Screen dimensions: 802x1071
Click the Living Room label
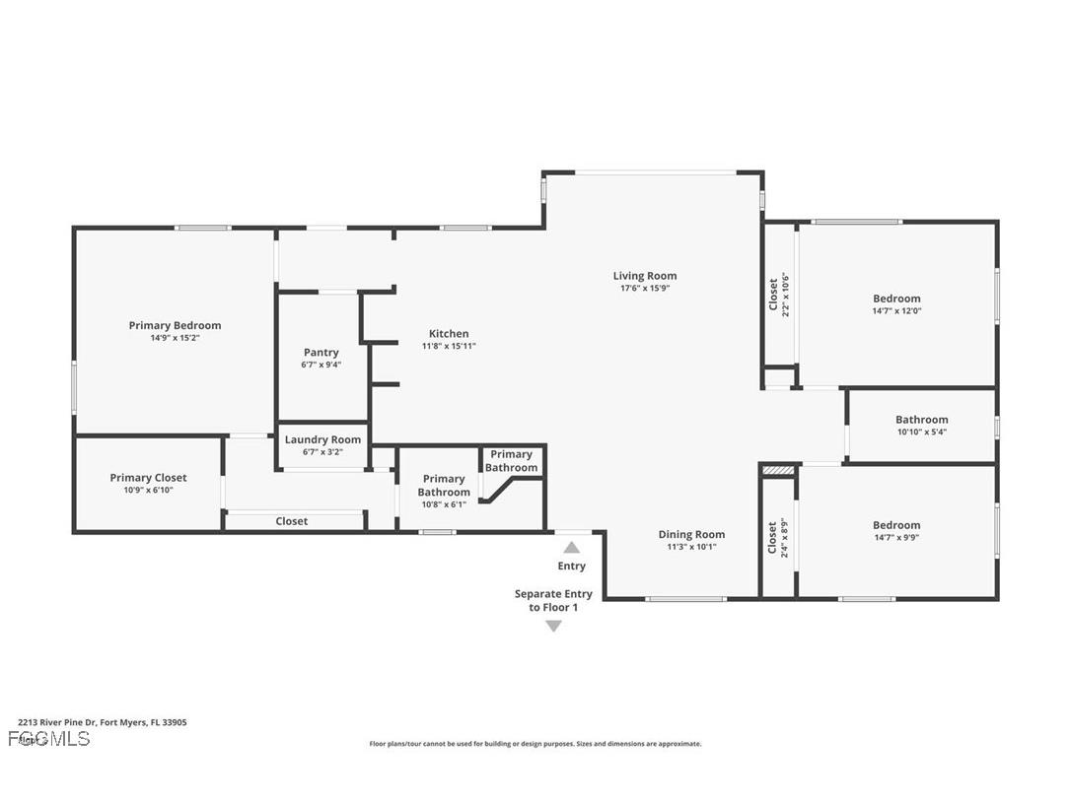pyautogui.click(x=645, y=276)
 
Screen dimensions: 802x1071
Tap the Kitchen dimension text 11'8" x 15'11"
pyautogui.click(x=449, y=346)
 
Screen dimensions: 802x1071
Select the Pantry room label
pyautogui.click(x=321, y=353)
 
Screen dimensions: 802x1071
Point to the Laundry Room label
pyautogui.click(x=322, y=439)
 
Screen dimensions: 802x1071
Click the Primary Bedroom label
pyautogui.click(x=175, y=325)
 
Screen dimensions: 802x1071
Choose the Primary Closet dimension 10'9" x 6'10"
pyautogui.click(x=148, y=490)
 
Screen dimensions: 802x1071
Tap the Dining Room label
pyautogui.click(x=691, y=535)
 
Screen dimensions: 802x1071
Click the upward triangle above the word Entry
pyautogui.click(x=572, y=547)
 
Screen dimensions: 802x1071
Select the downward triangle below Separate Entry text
pyautogui.click(x=553, y=626)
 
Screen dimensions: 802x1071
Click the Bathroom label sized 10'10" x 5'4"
pyautogui.click(x=921, y=420)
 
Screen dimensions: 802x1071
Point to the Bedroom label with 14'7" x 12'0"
pyautogui.click(x=896, y=299)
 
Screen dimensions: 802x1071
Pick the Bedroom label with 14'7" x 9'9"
pyautogui.click(x=896, y=525)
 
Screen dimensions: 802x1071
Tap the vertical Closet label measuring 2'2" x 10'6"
pyautogui.click(x=773, y=295)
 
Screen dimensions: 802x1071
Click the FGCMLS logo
pyautogui.click(x=48, y=739)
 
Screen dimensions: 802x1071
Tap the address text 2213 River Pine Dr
pyautogui.click(x=103, y=722)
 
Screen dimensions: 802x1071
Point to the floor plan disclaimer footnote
pyautogui.click(x=535, y=744)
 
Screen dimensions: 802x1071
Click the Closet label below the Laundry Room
pyautogui.click(x=291, y=521)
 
